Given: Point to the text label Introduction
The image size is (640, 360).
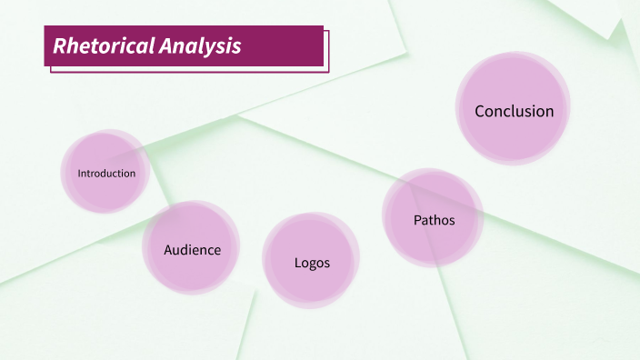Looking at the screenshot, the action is click(x=106, y=174).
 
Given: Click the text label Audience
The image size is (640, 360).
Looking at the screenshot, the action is click(x=192, y=249).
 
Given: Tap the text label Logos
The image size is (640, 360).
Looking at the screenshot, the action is click(x=312, y=264).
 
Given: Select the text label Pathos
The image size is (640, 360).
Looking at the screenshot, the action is click(x=434, y=220).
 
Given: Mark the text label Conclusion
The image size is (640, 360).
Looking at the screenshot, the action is click(x=514, y=112).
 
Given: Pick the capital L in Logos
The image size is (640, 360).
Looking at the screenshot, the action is click(x=297, y=264).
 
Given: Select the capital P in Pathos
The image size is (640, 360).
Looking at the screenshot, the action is click(x=417, y=220).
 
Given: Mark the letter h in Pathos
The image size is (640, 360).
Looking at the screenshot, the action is click(x=441, y=220).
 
